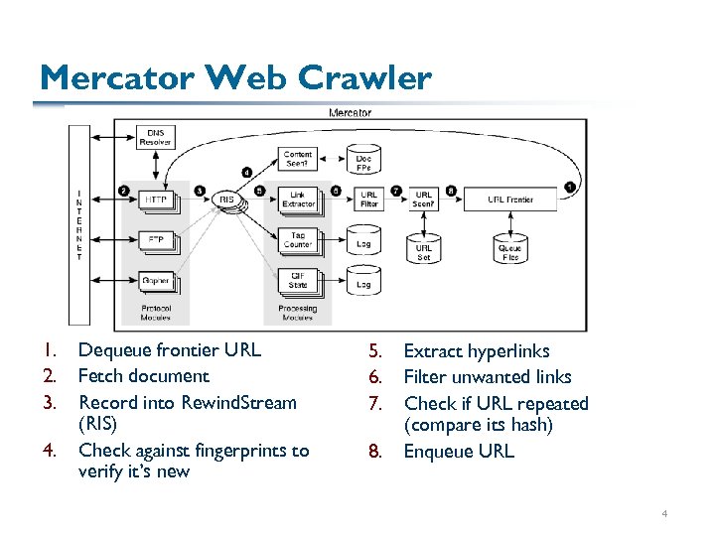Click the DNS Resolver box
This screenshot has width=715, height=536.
(156, 137)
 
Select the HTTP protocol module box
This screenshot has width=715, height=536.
(156, 200)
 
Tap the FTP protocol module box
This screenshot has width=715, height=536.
(156, 239)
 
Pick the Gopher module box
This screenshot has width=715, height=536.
(156, 281)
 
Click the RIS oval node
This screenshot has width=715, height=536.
(227, 200)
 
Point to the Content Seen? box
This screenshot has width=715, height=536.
(298, 158)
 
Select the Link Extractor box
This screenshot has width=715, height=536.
(298, 200)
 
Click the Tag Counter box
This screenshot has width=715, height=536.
(298, 240)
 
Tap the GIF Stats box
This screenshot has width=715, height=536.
(298, 281)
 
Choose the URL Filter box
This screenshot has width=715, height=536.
(368, 200)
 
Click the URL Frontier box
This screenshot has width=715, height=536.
(510, 200)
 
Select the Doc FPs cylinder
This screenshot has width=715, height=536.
(364, 158)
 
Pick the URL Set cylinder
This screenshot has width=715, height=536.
(424, 248)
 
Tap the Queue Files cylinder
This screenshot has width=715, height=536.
(510, 248)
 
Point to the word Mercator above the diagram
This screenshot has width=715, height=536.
(350, 113)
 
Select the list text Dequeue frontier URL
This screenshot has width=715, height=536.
(169, 349)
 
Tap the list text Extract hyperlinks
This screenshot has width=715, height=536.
(476, 350)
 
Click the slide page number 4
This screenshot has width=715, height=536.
(665, 514)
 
